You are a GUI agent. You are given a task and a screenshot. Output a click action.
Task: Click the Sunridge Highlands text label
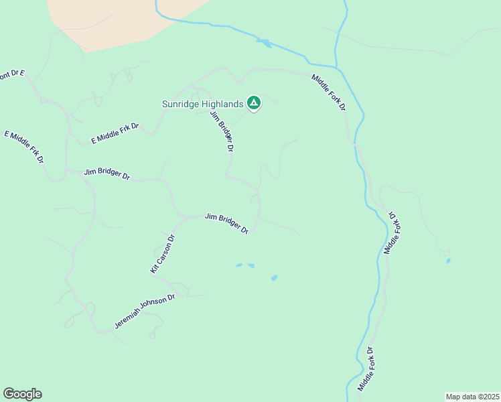202,104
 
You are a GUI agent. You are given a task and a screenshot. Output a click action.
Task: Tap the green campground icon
253,103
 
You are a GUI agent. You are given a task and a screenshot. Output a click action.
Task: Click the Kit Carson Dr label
162,253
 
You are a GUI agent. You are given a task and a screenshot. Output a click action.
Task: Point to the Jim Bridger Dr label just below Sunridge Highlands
222,132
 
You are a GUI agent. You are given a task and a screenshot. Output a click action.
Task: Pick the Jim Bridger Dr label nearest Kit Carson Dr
227,223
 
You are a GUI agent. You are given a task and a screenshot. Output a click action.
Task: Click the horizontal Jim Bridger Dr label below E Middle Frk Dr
107,174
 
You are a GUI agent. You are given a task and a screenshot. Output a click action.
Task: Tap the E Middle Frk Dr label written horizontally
115,134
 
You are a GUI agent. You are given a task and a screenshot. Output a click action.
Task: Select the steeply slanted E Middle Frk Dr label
24,147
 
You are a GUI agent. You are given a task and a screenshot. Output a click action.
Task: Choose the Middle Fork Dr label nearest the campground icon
329,92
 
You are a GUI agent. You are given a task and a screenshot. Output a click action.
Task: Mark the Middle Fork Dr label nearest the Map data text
364,369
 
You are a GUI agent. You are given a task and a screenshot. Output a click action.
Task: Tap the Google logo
22,394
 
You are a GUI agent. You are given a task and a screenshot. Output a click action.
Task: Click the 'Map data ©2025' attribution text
472,397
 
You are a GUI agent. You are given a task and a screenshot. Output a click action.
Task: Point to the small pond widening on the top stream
263,43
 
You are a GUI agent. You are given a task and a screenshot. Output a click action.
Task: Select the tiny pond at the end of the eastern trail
448,260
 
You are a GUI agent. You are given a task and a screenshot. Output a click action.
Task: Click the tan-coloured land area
121,20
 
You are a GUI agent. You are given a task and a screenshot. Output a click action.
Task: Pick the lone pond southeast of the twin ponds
274,277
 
